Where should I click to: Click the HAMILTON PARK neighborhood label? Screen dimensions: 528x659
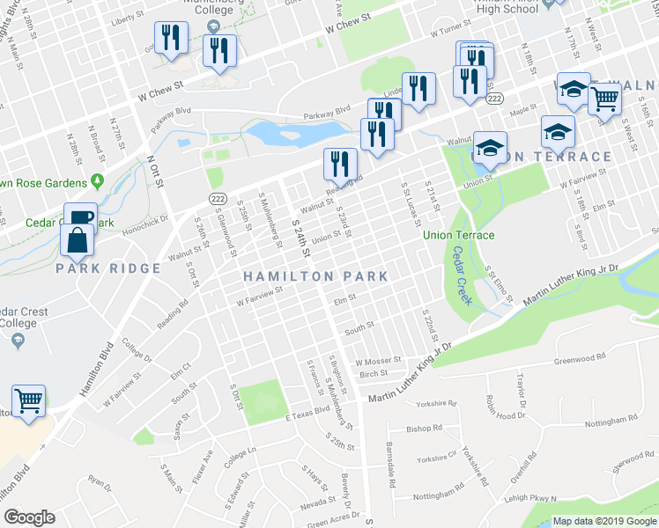(315, 276)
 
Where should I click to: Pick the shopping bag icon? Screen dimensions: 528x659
(78, 241)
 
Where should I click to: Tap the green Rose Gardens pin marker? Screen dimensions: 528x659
(96, 182)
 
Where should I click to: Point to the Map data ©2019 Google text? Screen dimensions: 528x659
(603, 521)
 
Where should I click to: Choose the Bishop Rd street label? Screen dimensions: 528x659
(425, 429)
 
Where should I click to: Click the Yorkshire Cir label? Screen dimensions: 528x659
(438, 459)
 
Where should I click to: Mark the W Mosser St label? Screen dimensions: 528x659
(378, 361)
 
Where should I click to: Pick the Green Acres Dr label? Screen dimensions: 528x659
(335, 519)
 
